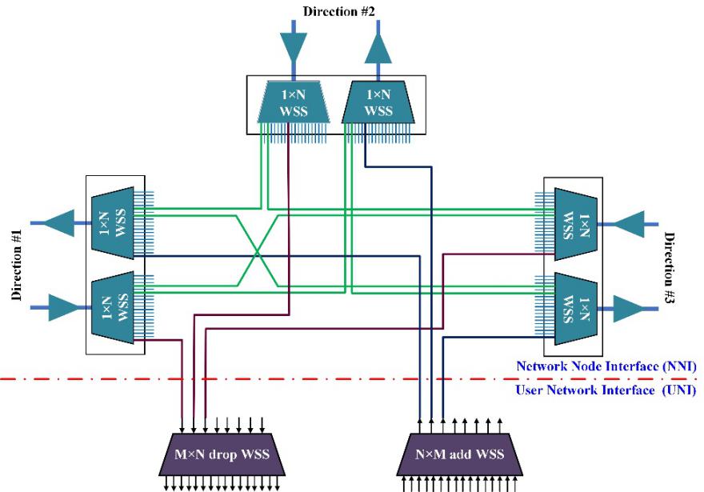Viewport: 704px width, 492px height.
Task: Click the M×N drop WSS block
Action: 222,454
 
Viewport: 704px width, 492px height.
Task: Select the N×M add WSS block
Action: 459,454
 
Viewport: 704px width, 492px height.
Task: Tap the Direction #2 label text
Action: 338,11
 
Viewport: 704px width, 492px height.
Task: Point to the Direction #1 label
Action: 17,265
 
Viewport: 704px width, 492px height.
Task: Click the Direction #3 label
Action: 670,268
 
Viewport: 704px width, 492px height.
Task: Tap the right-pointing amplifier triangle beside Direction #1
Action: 63,307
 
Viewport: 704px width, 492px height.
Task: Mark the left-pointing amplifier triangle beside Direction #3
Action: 630,224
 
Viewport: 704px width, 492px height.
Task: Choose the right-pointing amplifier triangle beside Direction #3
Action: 629,309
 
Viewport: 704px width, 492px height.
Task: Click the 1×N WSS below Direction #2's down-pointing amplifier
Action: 294,102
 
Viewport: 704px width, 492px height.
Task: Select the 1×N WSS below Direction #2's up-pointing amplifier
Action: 378,102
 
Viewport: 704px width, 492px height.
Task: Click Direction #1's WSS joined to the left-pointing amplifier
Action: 113,223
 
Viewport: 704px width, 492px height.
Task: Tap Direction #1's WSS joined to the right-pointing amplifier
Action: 113,307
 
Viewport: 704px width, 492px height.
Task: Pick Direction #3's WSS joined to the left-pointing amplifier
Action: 576,224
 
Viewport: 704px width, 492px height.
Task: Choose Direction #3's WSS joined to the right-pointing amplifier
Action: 576,309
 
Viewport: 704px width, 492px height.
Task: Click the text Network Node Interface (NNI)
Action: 606,366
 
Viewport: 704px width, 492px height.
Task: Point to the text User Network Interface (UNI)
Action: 606,390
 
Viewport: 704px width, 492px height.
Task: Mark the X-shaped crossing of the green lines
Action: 257,254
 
